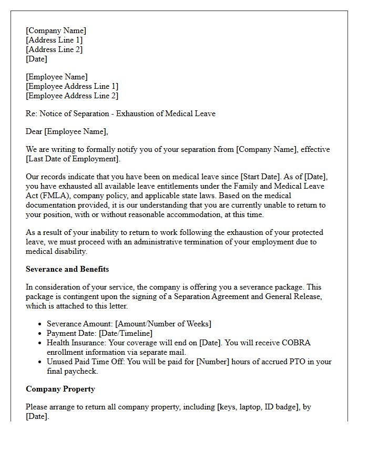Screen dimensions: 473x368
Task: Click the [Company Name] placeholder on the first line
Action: click(56, 30)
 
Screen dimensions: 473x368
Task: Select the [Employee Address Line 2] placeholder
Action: click(72, 96)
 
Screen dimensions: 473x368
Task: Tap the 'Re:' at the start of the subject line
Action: click(31, 114)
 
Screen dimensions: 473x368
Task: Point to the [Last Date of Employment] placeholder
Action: click(73, 159)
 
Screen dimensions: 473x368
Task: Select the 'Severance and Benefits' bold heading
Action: click(67, 269)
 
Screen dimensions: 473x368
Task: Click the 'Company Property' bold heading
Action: click(60, 389)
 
